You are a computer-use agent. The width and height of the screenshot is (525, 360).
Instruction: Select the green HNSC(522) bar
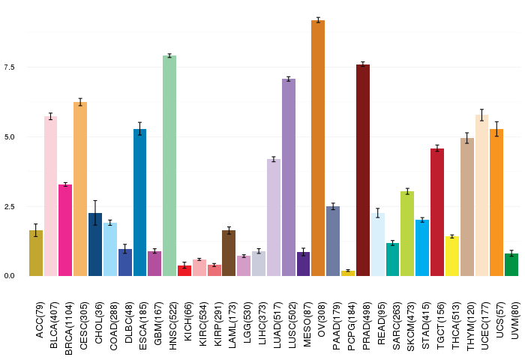[x=169, y=165]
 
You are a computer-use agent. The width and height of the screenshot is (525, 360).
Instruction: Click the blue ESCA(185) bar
[x=139, y=202]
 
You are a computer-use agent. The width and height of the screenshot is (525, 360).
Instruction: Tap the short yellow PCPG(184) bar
[x=348, y=273]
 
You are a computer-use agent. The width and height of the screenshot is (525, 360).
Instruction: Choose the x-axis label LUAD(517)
[x=277, y=315]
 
